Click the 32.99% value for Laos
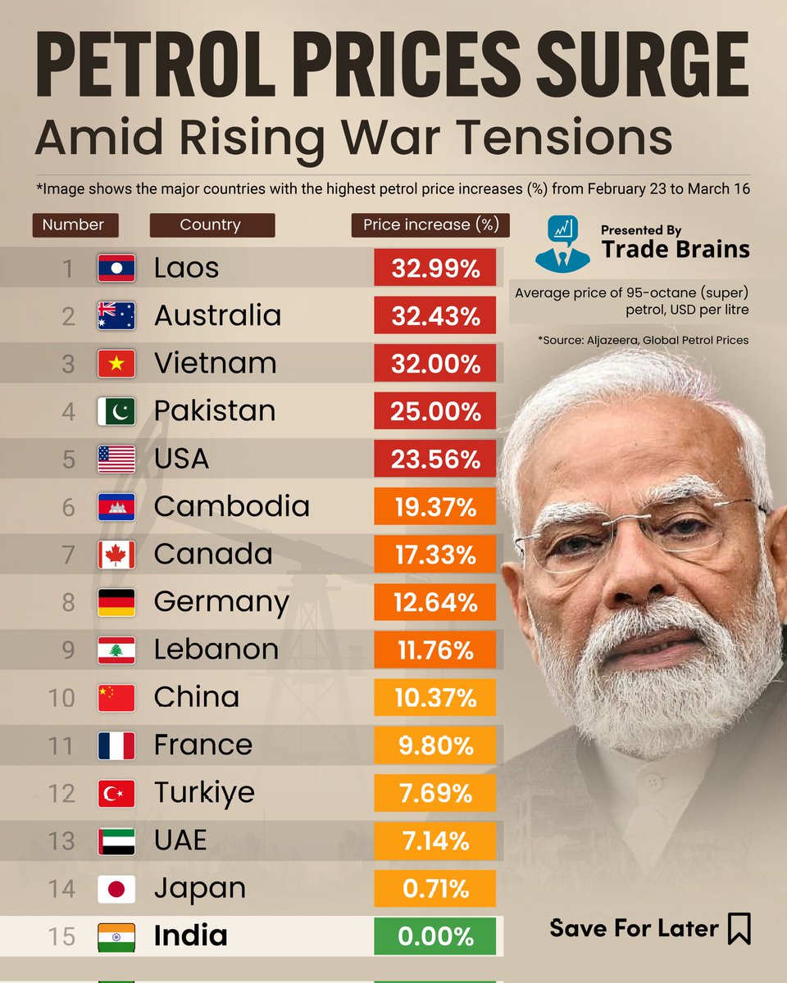coord(434,269)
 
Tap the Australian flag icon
coord(116,316)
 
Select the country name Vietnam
coord(215,363)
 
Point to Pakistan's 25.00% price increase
coord(434,411)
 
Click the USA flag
coord(116,460)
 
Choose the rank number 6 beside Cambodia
coord(69,507)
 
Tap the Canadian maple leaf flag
coord(116,555)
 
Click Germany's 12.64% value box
coord(434,602)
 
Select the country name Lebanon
coord(216,650)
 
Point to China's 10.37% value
coord(434,698)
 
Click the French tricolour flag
coord(116,745)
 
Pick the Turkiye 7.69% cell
coord(434,793)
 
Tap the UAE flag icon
coord(116,840)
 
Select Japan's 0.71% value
coord(434,888)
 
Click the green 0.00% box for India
coord(434,935)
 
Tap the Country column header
coord(212,224)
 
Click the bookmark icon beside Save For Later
coord(739,929)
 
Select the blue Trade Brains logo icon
coord(562,244)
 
